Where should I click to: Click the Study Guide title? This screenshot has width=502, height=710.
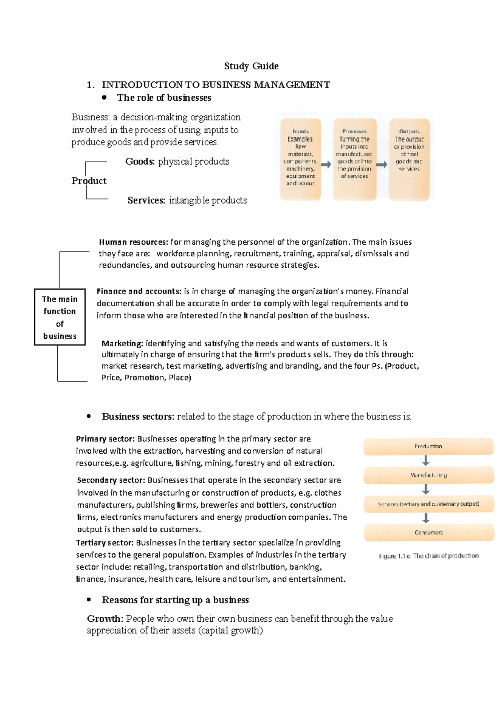[x=251, y=66]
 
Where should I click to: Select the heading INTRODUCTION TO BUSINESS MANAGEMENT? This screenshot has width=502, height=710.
[x=215, y=85]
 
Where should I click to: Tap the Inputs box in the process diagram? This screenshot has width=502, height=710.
[x=300, y=159]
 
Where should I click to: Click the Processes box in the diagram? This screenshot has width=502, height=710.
[x=354, y=159]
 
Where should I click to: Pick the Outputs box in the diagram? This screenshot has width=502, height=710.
[x=409, y=159]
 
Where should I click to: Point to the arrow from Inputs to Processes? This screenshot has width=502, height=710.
[x=327, y=165]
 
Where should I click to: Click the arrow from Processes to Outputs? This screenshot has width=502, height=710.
[x=382, y=165]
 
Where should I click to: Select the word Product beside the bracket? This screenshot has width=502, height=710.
[x=89, y=181]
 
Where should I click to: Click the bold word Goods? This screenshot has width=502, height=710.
[x=140, y=161]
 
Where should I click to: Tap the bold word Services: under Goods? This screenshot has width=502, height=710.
[x=146, y=200]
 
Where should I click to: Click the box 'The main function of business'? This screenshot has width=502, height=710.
[x=60, y=317]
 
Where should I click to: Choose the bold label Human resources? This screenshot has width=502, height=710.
[x=133, y=242]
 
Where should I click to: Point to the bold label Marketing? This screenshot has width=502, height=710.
[x=122, y=343]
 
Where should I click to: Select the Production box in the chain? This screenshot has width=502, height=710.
[x=428, y=447]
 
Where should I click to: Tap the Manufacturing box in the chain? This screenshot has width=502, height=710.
[x=428, y=475]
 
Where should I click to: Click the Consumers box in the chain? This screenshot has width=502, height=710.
[x=428, y=532]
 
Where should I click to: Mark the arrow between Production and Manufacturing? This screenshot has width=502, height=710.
[x=426, y=461]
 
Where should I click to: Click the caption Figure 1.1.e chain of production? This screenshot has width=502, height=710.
[x=428, y=556]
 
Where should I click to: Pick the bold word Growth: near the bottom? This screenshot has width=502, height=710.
[x=105, y=619]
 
